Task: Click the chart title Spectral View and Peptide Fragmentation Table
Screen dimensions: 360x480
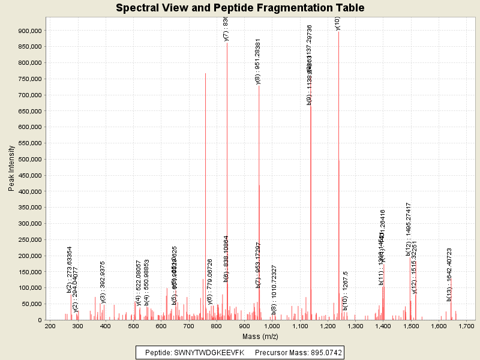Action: click(x=240, y=8)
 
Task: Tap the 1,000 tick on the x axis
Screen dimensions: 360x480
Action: click(x=272, y=326)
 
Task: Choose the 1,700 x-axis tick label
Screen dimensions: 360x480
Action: click(x=466, y=326)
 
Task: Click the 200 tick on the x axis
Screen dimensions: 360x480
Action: click(x=50, y=326)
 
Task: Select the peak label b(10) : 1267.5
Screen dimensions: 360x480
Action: click(x=346, y=290)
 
